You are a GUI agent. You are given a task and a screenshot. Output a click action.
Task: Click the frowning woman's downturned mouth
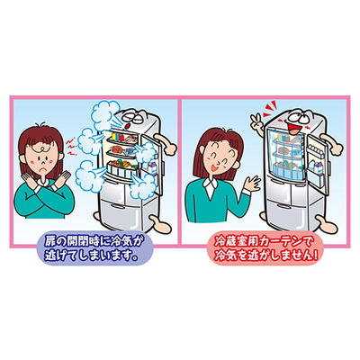point(44,168)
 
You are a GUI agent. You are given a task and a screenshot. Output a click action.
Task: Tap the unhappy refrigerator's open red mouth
point(128,124)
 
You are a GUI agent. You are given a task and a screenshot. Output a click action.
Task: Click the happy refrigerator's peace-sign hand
point(256,122)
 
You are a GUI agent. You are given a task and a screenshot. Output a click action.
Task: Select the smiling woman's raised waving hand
point(251,184)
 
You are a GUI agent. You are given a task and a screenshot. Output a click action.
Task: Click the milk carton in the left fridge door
point(153,168)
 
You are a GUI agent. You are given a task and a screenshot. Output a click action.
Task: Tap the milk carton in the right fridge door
point(316,166)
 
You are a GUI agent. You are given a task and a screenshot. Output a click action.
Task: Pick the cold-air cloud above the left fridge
point(105,114)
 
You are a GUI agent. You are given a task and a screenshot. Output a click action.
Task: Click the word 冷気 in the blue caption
point(120,241)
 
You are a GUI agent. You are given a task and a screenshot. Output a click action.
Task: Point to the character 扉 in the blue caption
point(51,241)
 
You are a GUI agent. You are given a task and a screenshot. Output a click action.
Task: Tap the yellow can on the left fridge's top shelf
point(113,137)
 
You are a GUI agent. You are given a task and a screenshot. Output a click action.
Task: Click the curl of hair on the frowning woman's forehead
point(41,148)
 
